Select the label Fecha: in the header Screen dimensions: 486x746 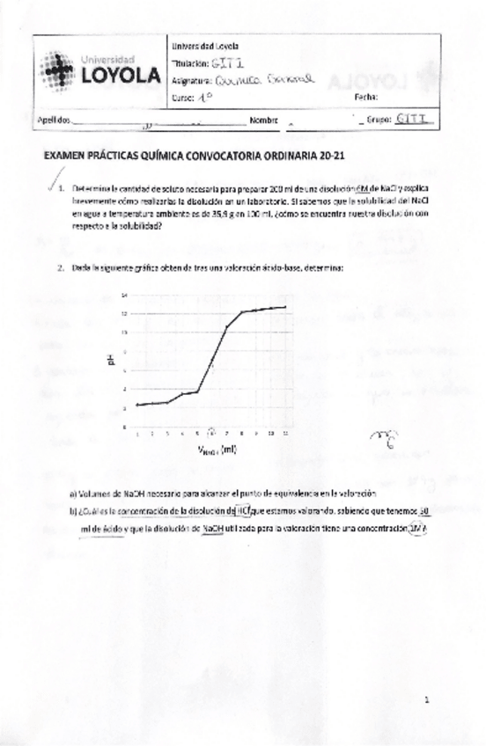[365, 97]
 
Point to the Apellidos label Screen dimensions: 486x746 [50, 119]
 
